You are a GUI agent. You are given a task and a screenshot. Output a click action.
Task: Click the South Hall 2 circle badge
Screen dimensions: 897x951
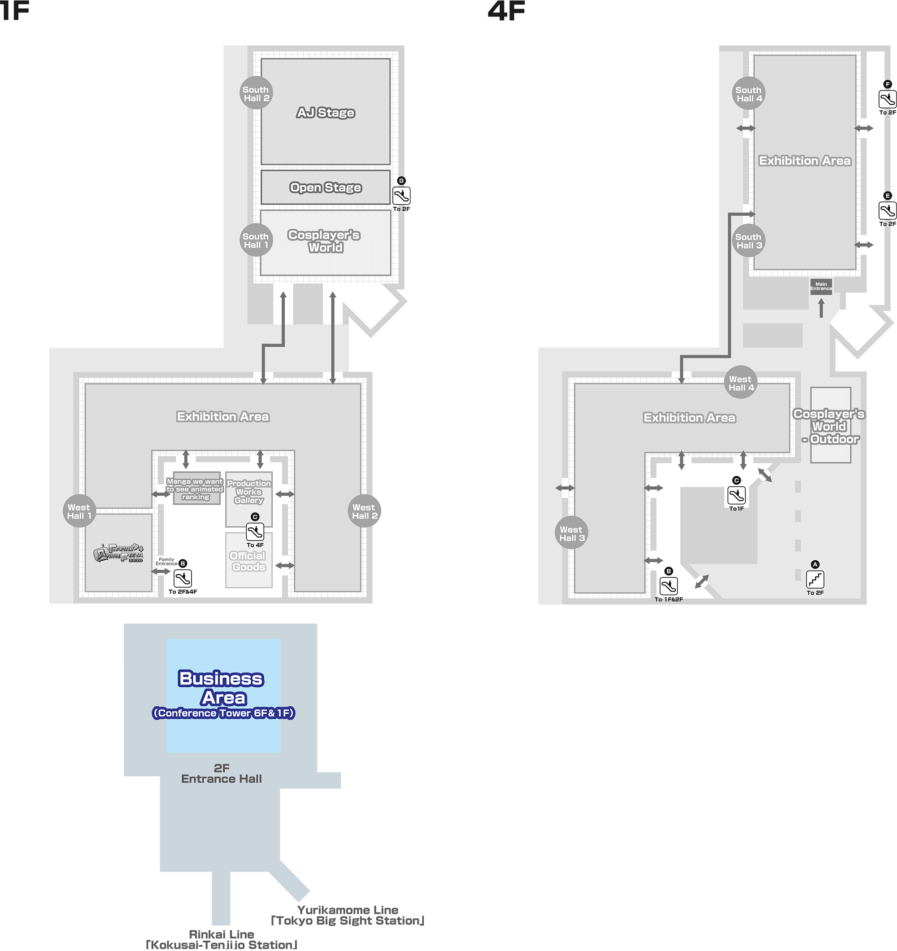[x=256, y=93]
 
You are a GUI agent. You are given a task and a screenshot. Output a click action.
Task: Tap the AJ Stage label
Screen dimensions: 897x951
[x=325, y=113]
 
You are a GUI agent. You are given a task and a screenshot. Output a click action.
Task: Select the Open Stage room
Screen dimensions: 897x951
[x=325, y=187]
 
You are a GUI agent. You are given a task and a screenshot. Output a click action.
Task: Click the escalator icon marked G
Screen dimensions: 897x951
[x=401, y=196]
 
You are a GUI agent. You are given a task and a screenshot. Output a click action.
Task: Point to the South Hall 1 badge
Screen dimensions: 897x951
[x=256, y=240]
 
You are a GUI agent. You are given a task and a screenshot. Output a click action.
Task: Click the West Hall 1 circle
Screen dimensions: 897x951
[x=79, y=511]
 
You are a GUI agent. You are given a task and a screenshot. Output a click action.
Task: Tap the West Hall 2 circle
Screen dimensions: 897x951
[x=364, y=511]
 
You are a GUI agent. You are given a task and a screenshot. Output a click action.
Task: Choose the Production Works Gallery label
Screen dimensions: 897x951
[x=249, y=492]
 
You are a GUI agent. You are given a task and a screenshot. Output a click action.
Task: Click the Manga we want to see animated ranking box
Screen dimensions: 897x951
[x=196, y=489]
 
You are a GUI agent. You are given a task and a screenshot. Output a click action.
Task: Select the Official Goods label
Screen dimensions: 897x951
[x=248, y=561]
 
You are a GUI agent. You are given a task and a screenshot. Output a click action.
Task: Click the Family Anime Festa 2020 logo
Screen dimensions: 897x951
[x=118, y=553]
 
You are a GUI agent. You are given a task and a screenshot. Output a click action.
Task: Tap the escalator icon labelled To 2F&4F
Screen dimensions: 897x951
[x=183, y=578]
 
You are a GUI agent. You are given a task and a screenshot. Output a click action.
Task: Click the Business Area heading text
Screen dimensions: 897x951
[x=221, y=688]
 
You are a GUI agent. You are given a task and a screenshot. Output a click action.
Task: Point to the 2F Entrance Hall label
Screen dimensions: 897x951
[x=222, y=773]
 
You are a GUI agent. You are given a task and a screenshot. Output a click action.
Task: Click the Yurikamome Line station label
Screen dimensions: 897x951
[x=348, y=915]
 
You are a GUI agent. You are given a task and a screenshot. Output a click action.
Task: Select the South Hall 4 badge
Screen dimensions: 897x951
[x=749, y=93]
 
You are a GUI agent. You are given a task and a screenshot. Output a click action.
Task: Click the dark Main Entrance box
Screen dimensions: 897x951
[x=821, y=287]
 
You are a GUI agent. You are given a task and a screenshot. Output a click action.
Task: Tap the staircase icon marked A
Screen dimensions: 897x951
[x=815, y=580]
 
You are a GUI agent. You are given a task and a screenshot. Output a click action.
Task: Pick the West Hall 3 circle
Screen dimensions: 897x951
[x=572, y=533]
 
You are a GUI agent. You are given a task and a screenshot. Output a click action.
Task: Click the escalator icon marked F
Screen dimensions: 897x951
[x=888, y=100]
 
